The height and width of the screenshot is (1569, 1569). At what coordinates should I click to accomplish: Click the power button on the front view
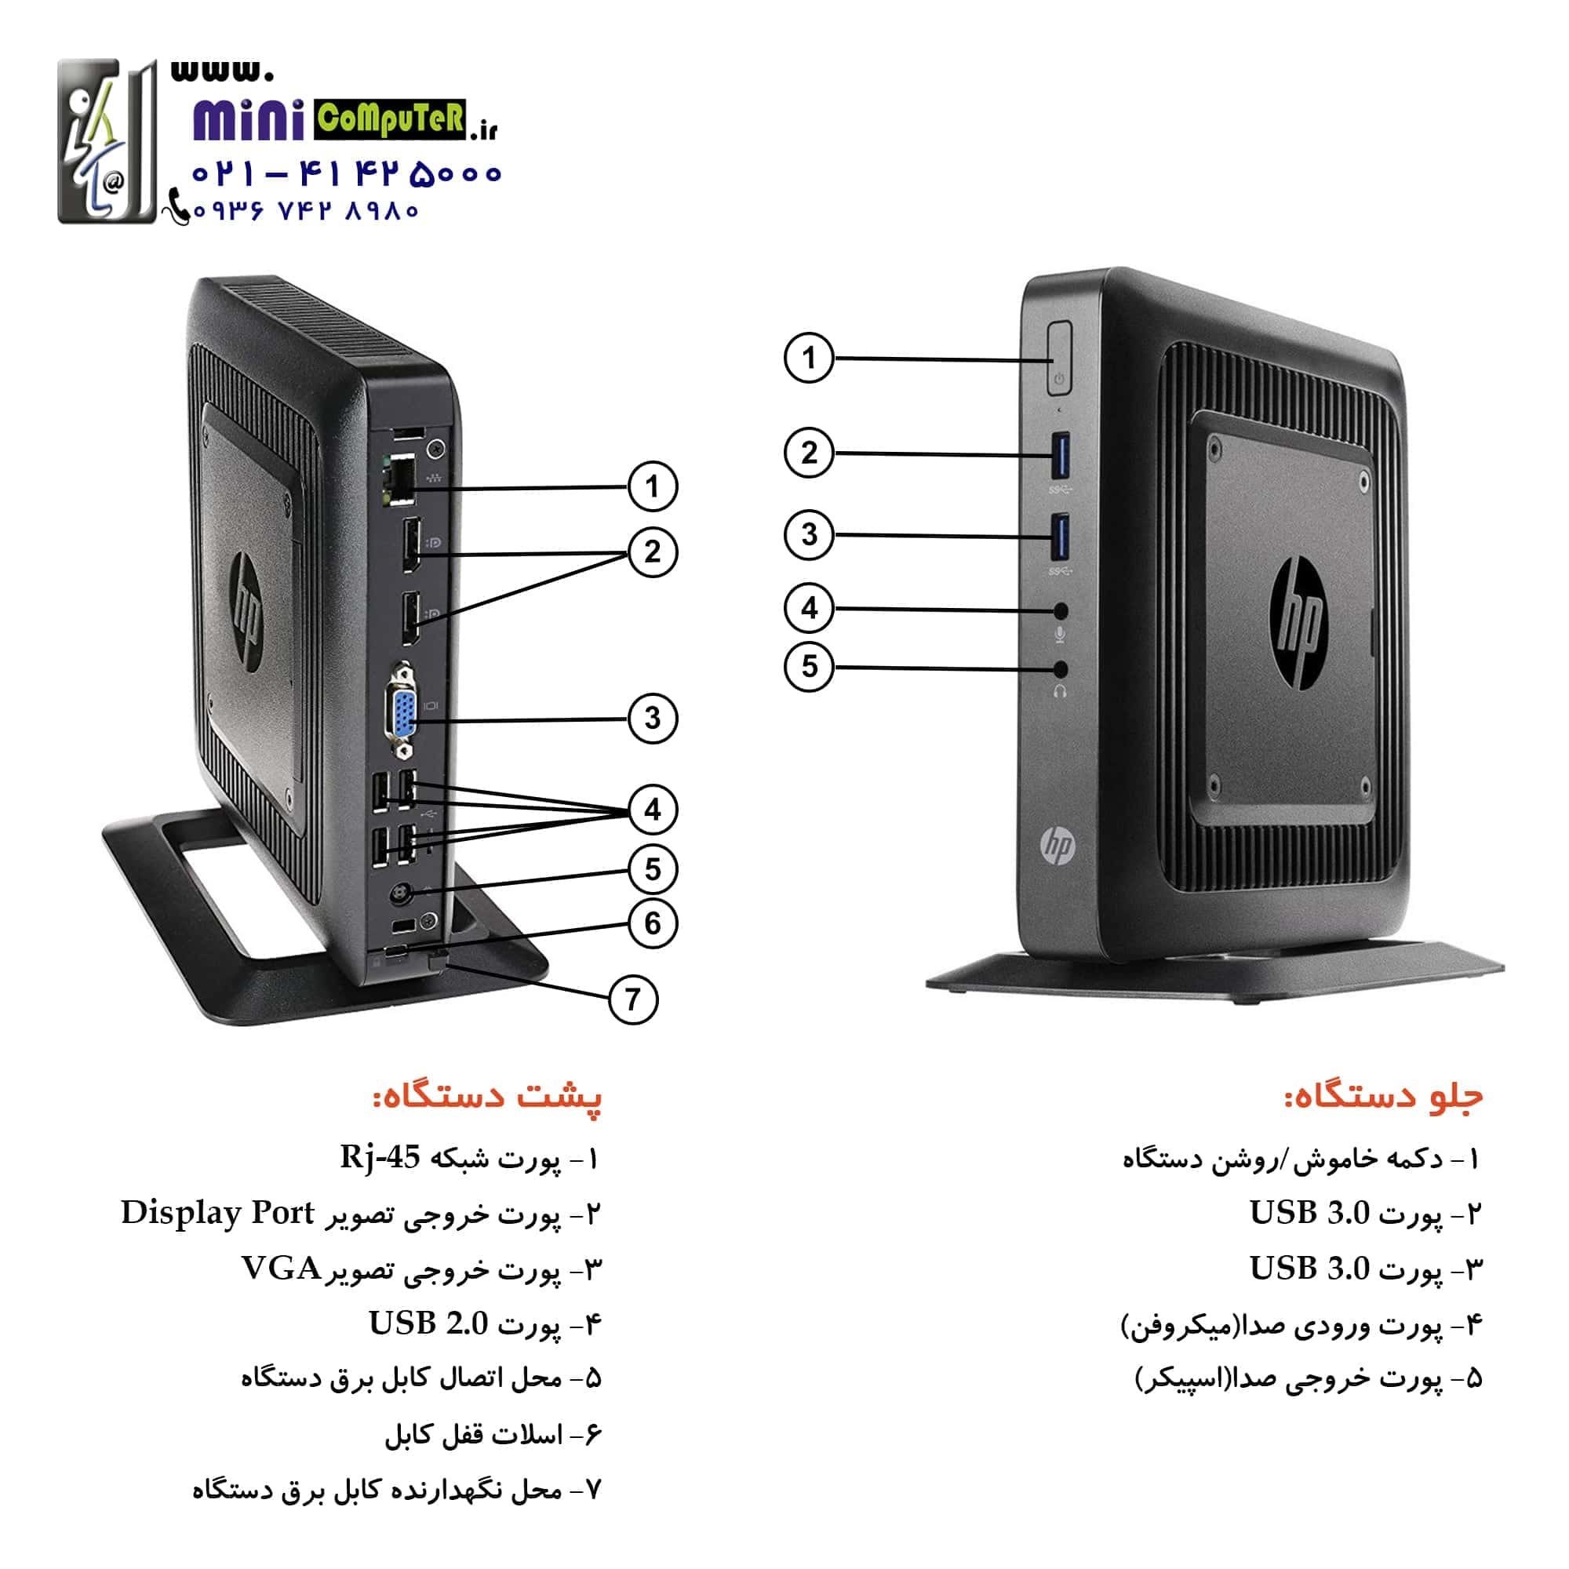1059,359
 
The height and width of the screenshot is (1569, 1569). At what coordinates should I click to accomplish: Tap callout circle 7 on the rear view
633,999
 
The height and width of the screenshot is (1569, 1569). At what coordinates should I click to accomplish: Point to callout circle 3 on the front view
809,534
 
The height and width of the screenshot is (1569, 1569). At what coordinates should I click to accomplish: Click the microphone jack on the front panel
1060,610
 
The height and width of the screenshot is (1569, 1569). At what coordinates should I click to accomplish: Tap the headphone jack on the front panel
1060,669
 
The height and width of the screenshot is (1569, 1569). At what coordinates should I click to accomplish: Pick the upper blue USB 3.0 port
1060,457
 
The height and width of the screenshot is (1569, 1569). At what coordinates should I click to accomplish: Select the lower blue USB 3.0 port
1060,537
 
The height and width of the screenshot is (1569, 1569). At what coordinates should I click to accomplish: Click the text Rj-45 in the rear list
380,1156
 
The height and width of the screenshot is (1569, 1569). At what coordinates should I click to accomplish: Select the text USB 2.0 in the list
428,1323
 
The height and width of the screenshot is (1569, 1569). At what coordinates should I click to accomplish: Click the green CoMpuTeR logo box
390,119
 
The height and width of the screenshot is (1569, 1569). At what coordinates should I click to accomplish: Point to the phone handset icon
177,206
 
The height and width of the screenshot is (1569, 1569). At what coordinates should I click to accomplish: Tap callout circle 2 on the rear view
652,552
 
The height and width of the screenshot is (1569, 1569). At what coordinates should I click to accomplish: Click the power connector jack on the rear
399,894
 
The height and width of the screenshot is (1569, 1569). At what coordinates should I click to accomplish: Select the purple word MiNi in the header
249,121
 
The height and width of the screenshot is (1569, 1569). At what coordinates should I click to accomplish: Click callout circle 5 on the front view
809,667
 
